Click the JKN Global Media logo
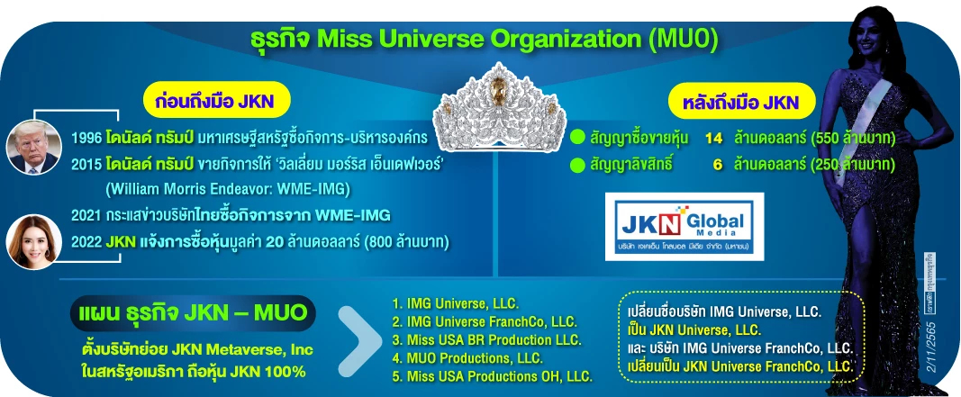point(685,227)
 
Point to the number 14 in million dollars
point(714,139)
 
